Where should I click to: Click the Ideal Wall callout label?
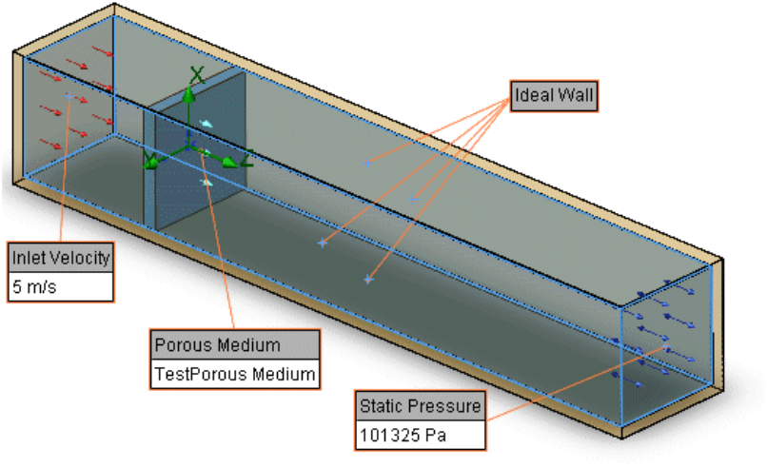(554, 96)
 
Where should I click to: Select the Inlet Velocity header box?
(61, 258)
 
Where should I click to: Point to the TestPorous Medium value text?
(235, 374)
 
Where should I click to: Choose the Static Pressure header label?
(421, 406)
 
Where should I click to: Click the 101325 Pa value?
(403, 435)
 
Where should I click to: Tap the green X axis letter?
(197, 75)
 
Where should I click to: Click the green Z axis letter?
(247, 159)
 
